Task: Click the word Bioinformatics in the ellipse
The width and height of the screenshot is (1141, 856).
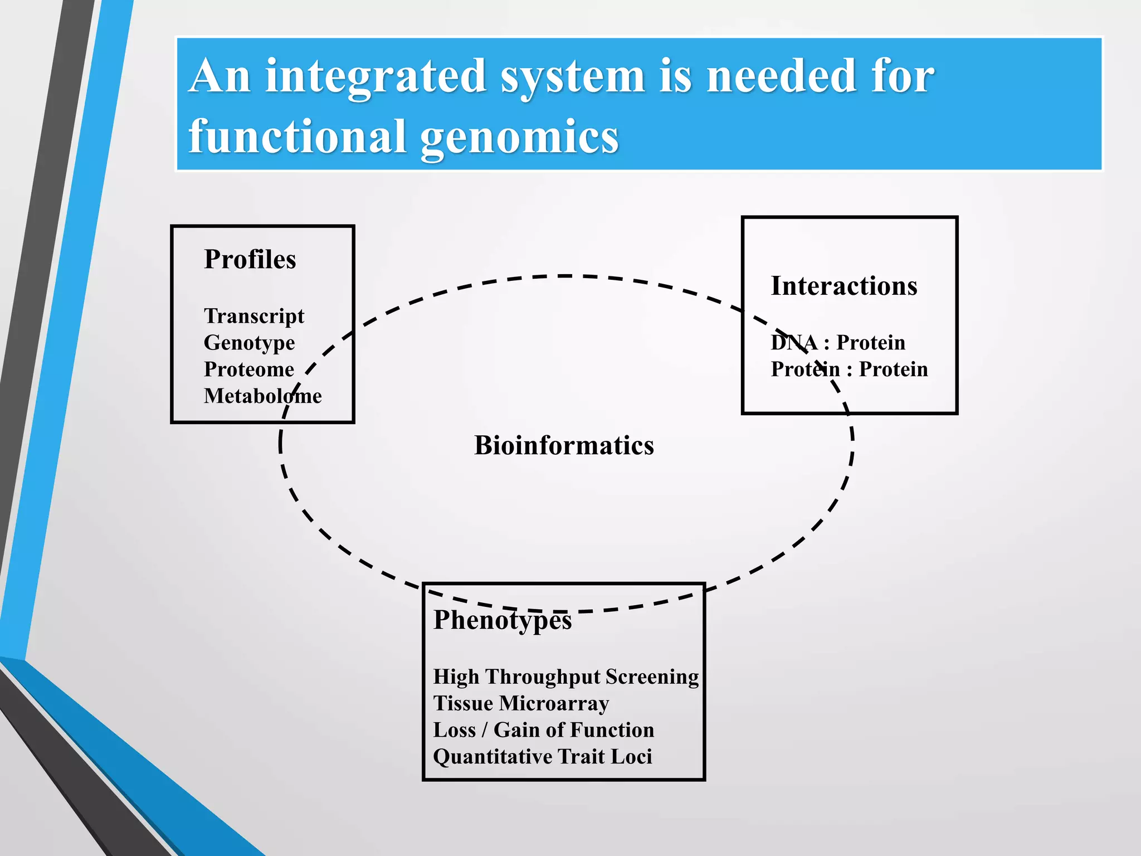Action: (564, 445)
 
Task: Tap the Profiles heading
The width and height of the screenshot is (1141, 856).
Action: (250, 259)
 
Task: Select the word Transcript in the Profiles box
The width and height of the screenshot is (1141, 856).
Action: (254, 316)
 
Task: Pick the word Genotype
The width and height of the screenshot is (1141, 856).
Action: (249, 343)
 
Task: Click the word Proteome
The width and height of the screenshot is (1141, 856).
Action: (248, 369)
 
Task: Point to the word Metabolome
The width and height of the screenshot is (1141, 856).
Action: (262, 396)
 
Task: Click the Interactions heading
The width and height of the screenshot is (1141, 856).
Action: (843, 286)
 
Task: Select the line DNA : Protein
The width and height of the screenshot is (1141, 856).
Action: (837, 343)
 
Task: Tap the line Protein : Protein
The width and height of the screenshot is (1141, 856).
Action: (849, 369)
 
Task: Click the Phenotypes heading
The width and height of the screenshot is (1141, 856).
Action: (503, 620)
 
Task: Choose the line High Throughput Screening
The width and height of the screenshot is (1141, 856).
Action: (565, 677)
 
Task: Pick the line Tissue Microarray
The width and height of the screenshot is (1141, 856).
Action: (521, 703)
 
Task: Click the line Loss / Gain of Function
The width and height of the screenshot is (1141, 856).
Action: (543, 730)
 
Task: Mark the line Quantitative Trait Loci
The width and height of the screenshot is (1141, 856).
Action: (542, 757)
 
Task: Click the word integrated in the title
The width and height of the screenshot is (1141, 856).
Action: (376, 77)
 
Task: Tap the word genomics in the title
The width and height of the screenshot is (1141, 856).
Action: (519, 138)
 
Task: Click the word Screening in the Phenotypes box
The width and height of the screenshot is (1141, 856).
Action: (652, 677)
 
